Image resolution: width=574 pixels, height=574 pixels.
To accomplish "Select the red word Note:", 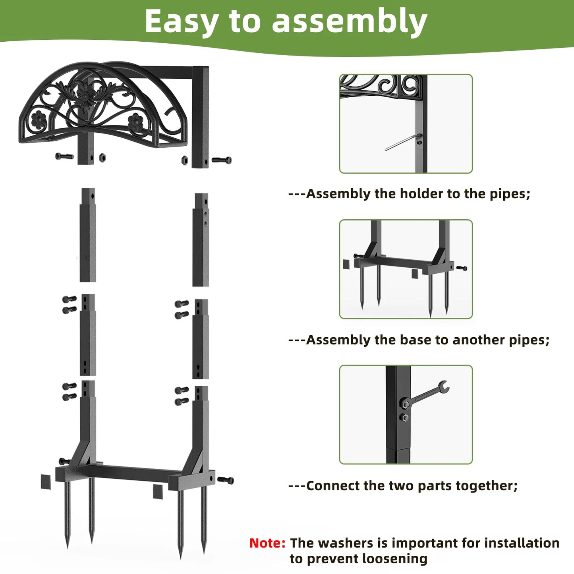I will point(267,543).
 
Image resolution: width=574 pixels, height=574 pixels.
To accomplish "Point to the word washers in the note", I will point(346,543).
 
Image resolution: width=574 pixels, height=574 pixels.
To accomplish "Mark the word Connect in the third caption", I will point(332,486).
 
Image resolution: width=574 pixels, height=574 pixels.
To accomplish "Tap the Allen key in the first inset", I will point(401,143).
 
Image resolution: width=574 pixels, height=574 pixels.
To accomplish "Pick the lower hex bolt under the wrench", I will point(404,417).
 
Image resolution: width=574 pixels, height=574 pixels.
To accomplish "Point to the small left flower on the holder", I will point(39,120).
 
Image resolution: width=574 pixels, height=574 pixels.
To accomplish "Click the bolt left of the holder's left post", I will point(64,157).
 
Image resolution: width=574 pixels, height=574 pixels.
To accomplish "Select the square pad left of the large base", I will point(46,482).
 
